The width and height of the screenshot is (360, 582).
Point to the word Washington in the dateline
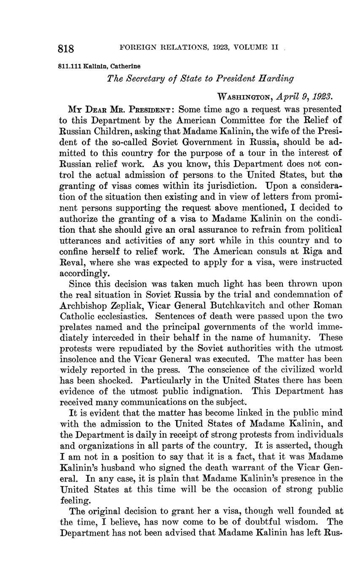pos(243,97)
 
